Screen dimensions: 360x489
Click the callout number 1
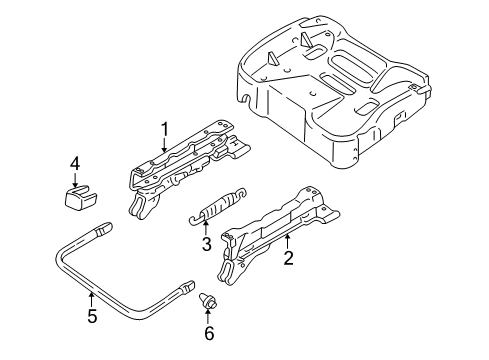pyautogui.click(x=164, y=128)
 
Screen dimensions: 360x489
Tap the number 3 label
pyautogui.click(x=205, y=243)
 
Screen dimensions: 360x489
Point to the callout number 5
pyautogui.click(x=92, y=319)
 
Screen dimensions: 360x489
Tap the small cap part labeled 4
pyautogui.click(x=78, y=197)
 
